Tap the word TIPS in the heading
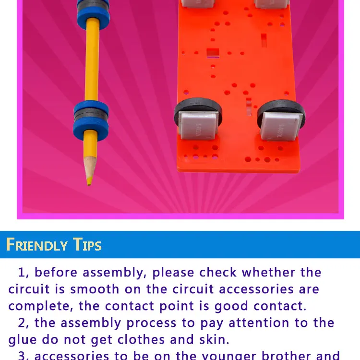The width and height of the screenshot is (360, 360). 87,245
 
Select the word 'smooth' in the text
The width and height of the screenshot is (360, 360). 95,289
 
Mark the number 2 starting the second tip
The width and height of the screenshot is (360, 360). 22,323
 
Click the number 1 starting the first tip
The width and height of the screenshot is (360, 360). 22,273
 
